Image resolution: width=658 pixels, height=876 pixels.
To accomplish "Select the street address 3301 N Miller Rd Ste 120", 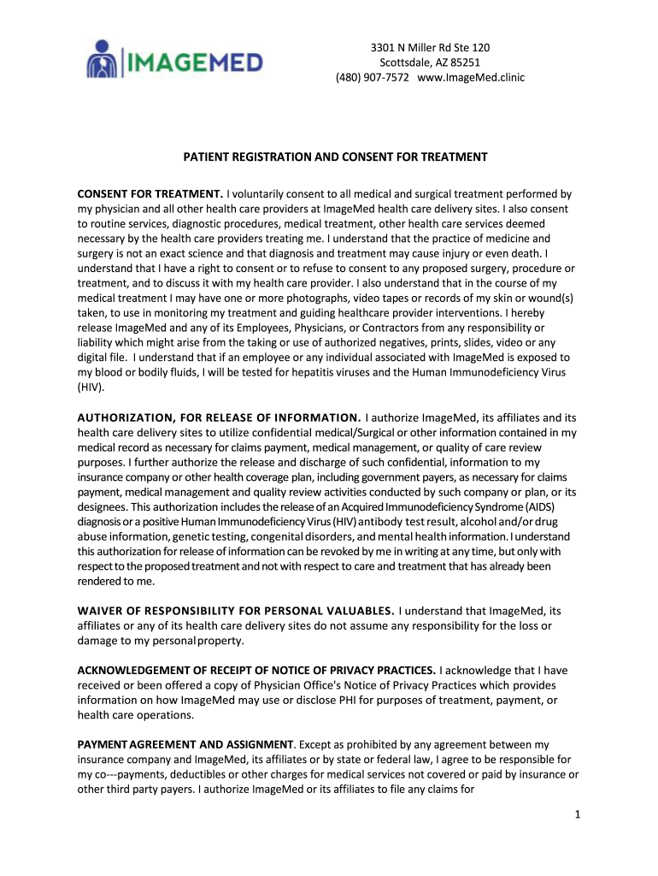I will (430, 47).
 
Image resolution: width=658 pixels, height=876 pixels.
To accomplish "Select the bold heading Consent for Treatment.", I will (150, 193).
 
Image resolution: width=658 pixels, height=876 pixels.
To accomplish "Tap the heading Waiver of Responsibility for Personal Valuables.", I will (236, 610).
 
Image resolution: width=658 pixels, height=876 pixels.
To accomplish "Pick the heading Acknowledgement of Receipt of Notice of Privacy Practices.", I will (258, 669).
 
